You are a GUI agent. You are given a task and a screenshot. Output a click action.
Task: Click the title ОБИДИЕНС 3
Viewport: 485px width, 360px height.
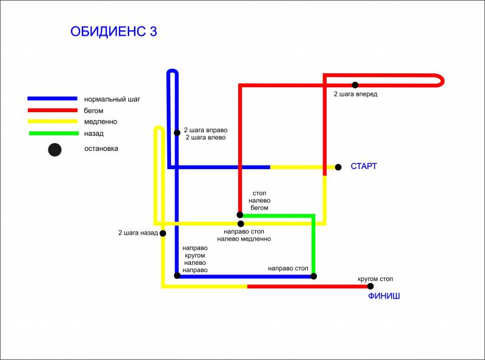(113, 32)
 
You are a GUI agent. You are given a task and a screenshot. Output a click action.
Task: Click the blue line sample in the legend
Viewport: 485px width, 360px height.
(52, 99)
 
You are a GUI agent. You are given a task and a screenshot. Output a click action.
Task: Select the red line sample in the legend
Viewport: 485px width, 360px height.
(53, 110)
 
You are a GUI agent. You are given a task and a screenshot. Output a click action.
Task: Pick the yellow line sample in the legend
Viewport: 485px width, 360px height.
(53, 121)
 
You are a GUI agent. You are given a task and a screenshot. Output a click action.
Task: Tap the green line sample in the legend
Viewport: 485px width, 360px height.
(54, 133)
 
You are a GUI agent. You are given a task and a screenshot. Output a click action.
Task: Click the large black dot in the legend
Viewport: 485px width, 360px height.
(55, 150)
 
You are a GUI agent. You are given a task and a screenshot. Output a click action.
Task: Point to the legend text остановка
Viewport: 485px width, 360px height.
(101, 148)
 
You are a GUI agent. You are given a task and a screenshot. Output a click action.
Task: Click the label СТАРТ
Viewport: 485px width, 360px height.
(364, 166)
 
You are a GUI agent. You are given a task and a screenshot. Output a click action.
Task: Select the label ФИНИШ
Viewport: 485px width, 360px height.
(384, 296)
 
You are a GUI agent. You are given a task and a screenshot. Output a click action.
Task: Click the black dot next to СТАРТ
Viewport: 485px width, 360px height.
(338, 167)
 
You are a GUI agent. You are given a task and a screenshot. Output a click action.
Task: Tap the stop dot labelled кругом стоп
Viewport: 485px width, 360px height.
(370, 287)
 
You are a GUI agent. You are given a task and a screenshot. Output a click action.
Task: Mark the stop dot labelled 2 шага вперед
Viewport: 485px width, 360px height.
(355, 85)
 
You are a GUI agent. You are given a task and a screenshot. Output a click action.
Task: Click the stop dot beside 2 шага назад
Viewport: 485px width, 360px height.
(162, 233)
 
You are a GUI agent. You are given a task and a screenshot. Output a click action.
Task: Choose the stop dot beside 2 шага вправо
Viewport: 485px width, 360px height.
(177, 133)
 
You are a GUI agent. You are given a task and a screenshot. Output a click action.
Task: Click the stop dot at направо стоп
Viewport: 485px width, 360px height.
(313, 276)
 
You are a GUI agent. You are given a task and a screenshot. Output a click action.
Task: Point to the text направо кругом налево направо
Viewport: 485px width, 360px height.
(195, 259)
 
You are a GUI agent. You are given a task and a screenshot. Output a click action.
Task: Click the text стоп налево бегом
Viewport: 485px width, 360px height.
(259, 201)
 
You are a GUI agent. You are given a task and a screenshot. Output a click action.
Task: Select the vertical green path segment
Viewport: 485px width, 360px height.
(313, 245)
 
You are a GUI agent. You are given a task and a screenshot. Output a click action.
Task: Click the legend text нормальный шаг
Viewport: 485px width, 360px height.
(112, 99)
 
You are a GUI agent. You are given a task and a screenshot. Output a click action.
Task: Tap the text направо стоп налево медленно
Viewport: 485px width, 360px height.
(244, 235)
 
